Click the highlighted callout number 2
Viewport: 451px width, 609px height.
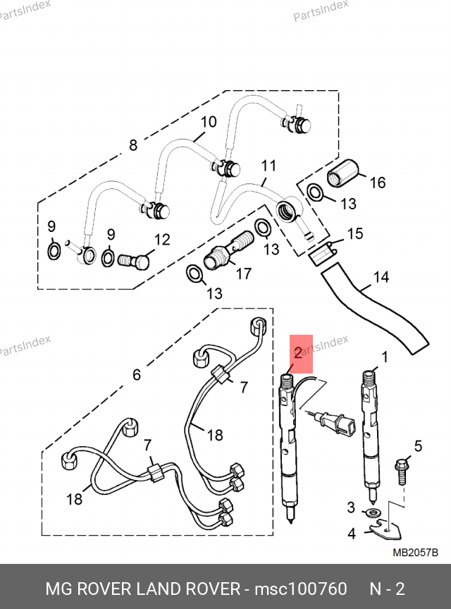coord(298,353)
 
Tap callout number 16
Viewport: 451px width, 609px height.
coord(378,183)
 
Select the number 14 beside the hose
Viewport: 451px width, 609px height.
coord(381,277)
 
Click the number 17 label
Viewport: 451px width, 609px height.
coord(244,274)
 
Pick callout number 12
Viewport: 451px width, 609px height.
coord(162,240)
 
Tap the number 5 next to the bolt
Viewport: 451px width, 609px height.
coord(417,445)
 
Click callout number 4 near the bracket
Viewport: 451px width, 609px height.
coord(352,534)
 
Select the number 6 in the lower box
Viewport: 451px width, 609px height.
coord(137,374)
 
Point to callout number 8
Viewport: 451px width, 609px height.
coord(132,146)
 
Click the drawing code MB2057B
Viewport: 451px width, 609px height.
coord(415,552)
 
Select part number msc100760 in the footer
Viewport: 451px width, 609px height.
coord(301,589)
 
